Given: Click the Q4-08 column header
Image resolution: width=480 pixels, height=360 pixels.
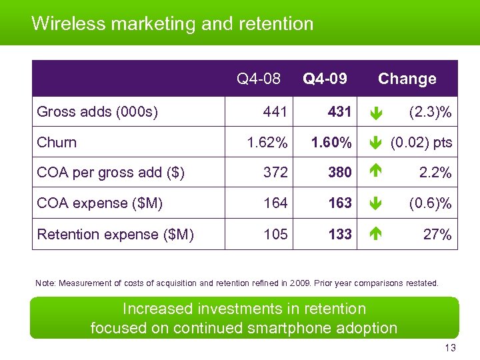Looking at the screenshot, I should point(259,79).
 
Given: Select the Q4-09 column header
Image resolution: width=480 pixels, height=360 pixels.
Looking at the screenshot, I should point(325,79).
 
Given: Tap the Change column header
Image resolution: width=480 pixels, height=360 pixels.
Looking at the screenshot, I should point(407,79).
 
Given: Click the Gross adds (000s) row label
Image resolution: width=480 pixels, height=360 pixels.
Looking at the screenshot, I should point(97,112).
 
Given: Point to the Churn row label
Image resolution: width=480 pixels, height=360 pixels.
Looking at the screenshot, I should point(57,143).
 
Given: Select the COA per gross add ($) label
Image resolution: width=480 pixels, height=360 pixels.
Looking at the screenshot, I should point(111,173).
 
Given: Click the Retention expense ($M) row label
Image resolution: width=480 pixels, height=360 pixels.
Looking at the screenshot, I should point(115,235).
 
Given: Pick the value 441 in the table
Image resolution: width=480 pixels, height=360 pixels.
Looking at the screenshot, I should point(275,112).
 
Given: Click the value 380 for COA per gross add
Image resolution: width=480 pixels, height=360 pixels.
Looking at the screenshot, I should point(339,173).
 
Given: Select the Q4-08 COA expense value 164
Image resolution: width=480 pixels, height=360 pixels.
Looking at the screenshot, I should point(275,203).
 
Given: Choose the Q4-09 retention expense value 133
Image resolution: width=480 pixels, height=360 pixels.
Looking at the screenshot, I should point(339,235).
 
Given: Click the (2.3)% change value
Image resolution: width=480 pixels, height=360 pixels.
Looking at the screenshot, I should point(430,112).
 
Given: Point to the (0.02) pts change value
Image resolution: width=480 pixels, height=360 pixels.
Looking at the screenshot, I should point(421,143).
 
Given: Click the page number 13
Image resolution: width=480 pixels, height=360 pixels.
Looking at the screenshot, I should point(450,349).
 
